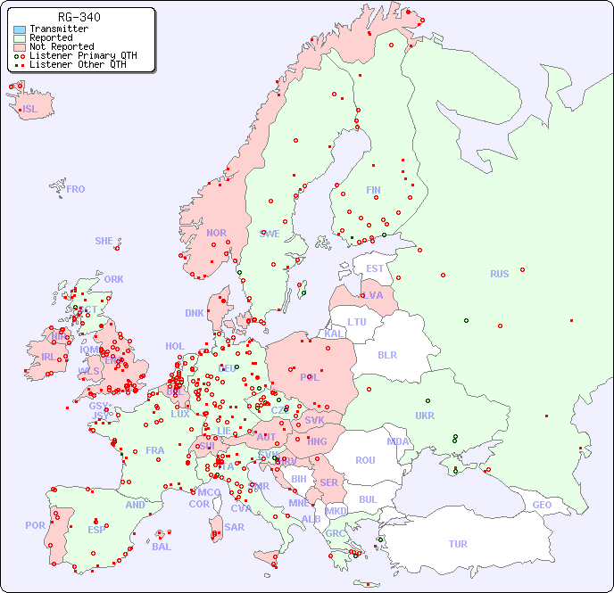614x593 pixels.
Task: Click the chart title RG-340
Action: pyautogui.click(x=79, y=17)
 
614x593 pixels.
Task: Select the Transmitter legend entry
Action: pyautogui.click(x=58, y=29)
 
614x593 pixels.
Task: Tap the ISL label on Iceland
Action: pyautogui.click(x=30, y=110)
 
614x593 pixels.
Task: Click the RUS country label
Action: pyautogui.click(x=499, y=274)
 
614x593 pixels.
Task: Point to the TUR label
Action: pyautogui.click(x=458, y=544)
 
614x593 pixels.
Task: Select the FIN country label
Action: pyautogui.click(x=373, y=190)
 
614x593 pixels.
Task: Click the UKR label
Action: pyautogui.click(x=425, y=416)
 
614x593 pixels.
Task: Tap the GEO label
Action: pyautogui.click(x=542, y=505)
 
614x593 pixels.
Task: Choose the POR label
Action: pyautogui.click(x=35, y=525)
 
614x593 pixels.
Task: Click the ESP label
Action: pyautogui.click(x=96, y=530)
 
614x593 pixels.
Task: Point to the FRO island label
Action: pyautogui.click(x=75, y=189)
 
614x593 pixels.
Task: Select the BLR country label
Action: pyautogui.click(x=387, y=354)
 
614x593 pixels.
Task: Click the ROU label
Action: pyautogui.click(x=365, y=460)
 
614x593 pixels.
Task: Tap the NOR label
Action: pyautogui.click(x=216, y=233)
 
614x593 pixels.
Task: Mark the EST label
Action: pyautogui.click(x=375, y=268)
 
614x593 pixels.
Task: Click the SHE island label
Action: pyautogui.click(x=104, y=241)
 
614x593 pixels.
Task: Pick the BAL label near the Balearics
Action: pyautogui.click(x=161, y=547)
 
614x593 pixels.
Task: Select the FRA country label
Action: pyautogui.click(x=155, y=450)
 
